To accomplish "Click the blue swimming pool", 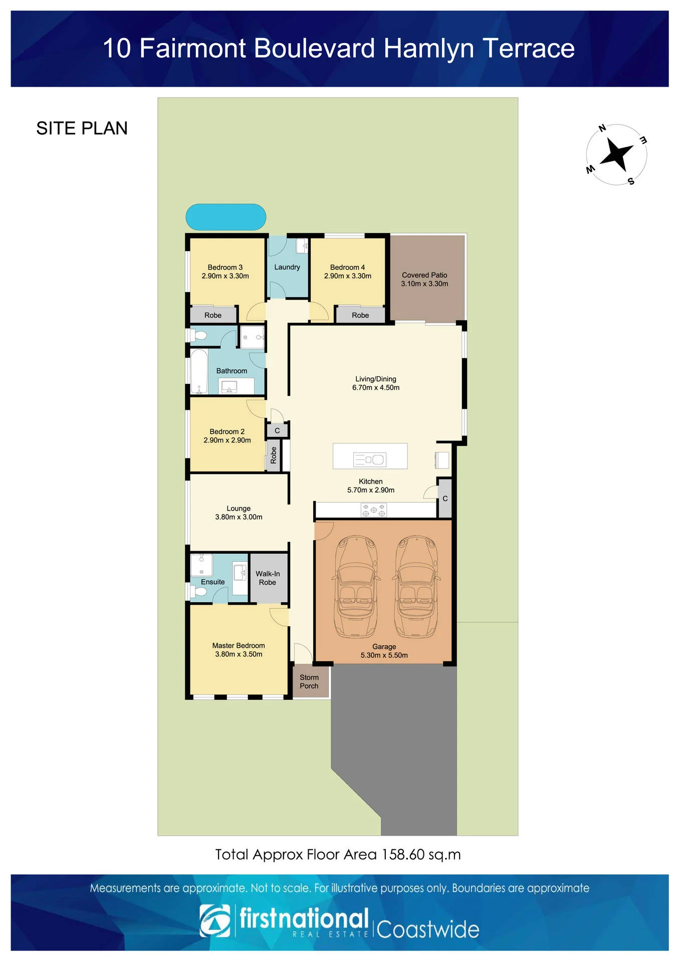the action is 225,217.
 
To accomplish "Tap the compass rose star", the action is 617,154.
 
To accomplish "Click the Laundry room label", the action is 287,267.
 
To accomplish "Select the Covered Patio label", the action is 424,275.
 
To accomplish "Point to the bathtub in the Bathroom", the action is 199,371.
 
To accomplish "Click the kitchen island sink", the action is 370,459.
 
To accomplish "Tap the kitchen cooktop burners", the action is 374,511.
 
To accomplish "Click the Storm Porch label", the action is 309,681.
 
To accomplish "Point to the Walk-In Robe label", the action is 268,578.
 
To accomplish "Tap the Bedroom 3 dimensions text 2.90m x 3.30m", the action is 225,276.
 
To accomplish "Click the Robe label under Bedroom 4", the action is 360,315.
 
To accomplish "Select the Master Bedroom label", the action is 239,645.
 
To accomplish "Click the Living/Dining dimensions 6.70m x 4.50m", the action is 376,388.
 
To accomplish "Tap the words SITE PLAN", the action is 82,129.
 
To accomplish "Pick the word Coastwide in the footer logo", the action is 428,929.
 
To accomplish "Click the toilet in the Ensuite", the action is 198,592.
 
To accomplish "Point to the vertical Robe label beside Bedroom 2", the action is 274,455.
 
